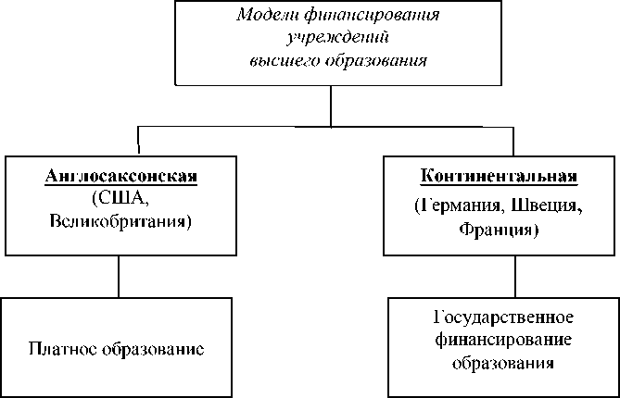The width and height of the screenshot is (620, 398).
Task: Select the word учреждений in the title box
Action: pyautogui.click(x=330, y=39)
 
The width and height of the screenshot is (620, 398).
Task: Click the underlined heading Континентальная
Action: pyautogui.click(x=500, y=176)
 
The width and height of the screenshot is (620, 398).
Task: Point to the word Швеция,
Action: pyautogui.click(x=539, y=205)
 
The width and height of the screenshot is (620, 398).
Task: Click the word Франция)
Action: pyautogui.click(x=500, y=228)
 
